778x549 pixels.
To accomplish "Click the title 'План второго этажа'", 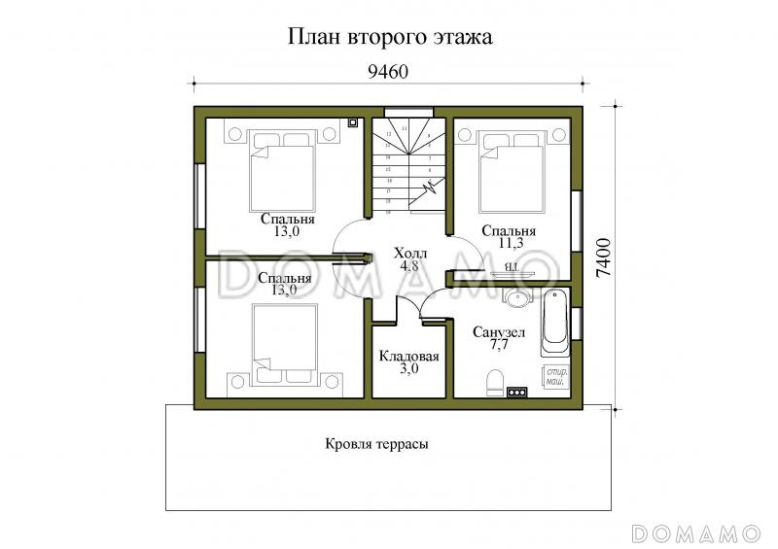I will pos(388,37).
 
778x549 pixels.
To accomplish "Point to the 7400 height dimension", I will pos(605,257).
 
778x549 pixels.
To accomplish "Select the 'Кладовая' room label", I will pos(409,356).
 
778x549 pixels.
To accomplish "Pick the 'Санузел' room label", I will pos(499,332).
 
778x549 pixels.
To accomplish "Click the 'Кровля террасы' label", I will pos(376,443).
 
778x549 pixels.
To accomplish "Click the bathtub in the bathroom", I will pos(553,321).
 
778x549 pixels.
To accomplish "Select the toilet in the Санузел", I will pos(493,380).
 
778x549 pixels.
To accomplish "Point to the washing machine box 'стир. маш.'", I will pos(555,377).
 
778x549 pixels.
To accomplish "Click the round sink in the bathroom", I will pos(516,297).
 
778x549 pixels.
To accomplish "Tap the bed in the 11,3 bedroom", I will pos(512,171).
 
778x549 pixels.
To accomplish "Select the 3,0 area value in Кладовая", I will pos(409,370).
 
